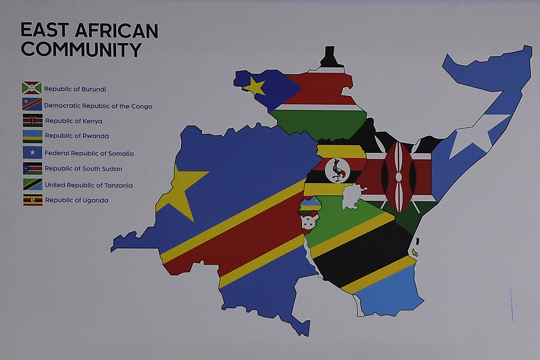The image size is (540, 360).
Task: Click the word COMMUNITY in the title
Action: (81, 49)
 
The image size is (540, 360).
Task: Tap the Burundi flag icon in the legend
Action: (32, 87)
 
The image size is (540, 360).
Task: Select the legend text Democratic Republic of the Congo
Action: (98, 106)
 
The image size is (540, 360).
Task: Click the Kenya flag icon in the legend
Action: (32, 120)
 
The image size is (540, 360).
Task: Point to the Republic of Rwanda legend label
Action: (77, 136)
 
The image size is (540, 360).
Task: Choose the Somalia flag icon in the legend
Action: (32, 153)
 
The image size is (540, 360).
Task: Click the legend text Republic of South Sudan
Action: (83, 169)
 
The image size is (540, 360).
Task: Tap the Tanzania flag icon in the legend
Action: (32, 185)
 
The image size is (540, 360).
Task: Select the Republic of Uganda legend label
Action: (77, 200)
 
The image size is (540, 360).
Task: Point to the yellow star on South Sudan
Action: (255, 86)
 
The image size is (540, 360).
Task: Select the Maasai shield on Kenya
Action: (399, 176)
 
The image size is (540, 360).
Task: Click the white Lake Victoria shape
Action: (353, 195)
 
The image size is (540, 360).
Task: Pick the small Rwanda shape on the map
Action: (310, 204)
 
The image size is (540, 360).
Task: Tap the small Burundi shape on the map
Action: (309, 220)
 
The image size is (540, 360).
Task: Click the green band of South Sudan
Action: (319, 123)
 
